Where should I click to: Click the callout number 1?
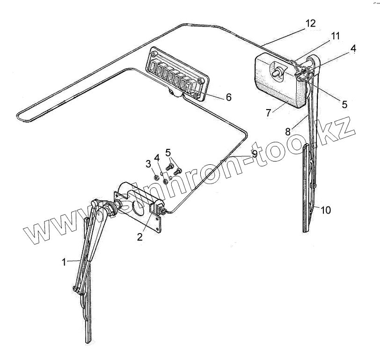pos(64,262)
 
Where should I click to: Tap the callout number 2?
pos(139,236)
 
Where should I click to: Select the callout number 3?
pos(148,163)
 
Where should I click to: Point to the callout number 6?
pos(228,97)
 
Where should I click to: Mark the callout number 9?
pos(254,154)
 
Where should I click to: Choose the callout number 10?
pos(326,210)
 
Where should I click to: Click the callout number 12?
pos(310,23)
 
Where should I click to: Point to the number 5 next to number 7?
pos(344,104)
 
